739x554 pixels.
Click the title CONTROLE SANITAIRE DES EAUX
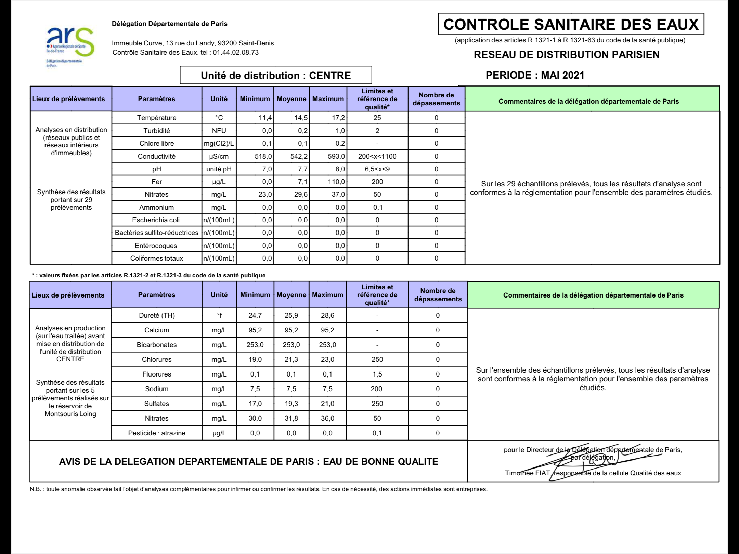click(x=571, y=25)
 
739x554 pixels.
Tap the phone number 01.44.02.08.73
click(x=236, y=53)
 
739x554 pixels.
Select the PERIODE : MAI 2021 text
click(x=535, y=75)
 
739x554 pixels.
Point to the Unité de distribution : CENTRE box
click(x=276, y=75)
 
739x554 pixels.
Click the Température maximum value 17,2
click(x=338, y=118)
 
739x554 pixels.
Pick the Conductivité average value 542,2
click(x=299, y=157)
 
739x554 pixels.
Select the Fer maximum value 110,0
click(x=336, y=182)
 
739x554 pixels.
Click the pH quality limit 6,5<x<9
click(x=377, y=169)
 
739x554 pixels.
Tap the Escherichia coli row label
click(x=156, y=220)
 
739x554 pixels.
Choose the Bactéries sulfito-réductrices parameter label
click(x=156, y=233)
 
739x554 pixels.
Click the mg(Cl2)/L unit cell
click(x=219, y=144)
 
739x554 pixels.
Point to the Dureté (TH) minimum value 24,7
click(x=255, y=315)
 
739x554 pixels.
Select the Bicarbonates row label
click(x=156, y=345)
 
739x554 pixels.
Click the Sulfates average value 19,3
click(x=291, y=404)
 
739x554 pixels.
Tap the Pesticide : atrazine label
click(x=156, y=433)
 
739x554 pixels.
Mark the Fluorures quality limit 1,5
click(x=377, y=374)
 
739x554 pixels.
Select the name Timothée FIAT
click(x=527, y=473)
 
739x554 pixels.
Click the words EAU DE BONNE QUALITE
click(x=380, y=462)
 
